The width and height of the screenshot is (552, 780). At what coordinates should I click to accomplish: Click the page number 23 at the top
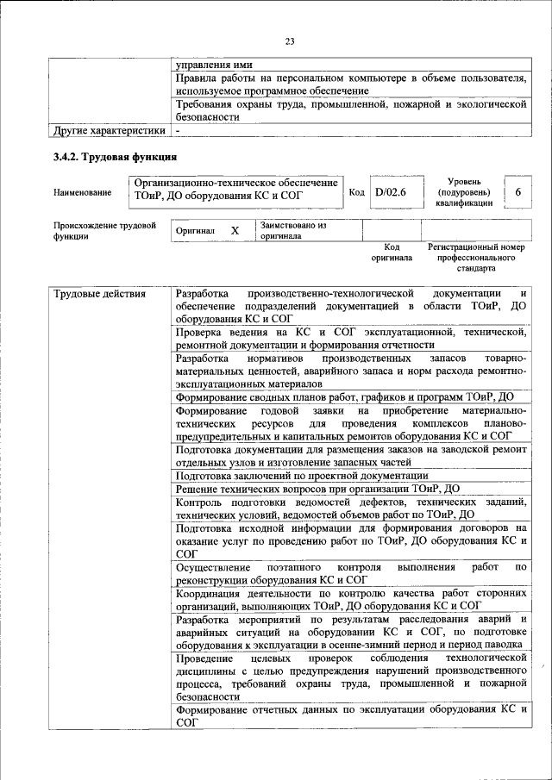[290, 41]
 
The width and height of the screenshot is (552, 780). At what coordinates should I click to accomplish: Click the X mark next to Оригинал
[235, 231]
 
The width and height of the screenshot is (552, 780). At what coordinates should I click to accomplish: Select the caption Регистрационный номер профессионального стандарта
[476, 257]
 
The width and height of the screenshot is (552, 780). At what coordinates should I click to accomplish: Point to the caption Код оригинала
[392, 252]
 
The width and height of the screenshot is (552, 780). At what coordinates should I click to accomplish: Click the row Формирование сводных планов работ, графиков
[345, 397]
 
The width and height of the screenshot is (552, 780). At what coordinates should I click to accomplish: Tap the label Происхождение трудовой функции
[104, 231]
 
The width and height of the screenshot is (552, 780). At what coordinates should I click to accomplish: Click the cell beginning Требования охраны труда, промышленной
[350, 109]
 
